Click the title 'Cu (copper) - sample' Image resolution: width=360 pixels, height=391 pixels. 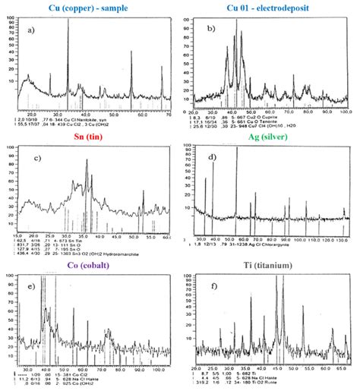pyautogui.click(x=85, y=6)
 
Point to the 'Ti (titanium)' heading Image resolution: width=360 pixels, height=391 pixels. pyautogui.click(x=269, y=265)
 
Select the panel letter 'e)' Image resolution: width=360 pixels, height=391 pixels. pyautogui.click(x=28, y=289)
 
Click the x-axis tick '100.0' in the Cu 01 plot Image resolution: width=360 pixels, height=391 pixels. pyautogui.click(x=346, y=111)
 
